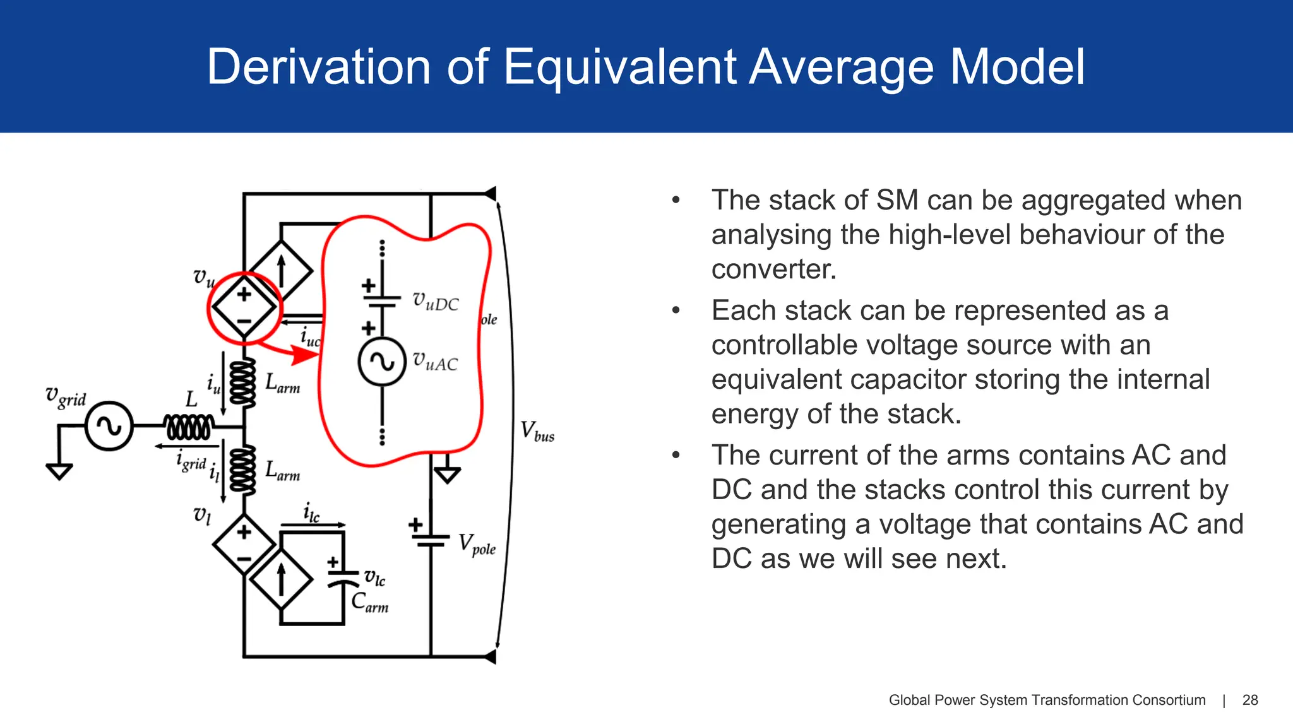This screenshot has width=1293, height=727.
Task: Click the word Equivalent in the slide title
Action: [619, 67]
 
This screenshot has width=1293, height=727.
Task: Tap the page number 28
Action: [1249, 700]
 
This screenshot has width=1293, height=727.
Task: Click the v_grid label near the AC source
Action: [66, 396]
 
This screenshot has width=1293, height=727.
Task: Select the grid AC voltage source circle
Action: [109, 426]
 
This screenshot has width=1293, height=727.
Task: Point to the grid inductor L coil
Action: [188, 427]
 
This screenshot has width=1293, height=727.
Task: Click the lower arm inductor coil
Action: [243, 469]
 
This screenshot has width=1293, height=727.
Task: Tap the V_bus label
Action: [537, 432]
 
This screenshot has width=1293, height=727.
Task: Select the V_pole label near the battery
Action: [477, 544]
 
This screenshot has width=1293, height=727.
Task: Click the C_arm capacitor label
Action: [369, 602]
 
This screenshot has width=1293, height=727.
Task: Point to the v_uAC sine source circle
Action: [381, 362]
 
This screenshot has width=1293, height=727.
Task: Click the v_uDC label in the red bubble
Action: [436, 302]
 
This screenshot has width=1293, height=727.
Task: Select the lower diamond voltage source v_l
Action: [244, 543]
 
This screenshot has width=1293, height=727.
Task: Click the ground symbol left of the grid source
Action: [59, 471]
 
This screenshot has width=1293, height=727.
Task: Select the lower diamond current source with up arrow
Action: [282, 578]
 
